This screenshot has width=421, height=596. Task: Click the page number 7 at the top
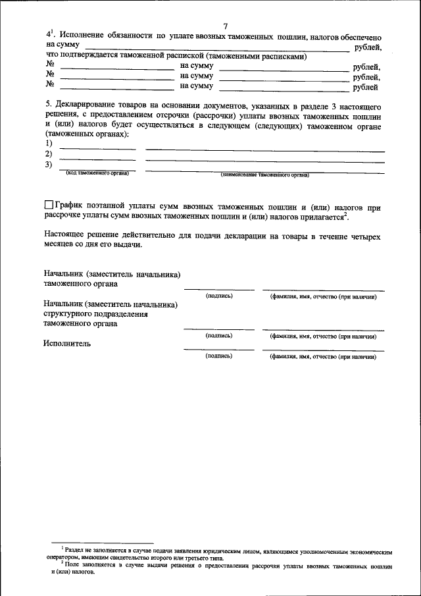[225, 25]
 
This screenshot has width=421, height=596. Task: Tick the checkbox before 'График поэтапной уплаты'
[49, 205]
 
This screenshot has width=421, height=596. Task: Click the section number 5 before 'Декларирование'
[47, 105]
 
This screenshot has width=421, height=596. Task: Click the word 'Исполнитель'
[67, 343]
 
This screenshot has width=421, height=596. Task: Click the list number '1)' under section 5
[49, 144]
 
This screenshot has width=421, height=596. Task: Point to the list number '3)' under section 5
[49, 165]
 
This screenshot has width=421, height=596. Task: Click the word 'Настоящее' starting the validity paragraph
[68, 235]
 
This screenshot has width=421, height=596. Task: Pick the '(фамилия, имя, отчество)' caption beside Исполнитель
[323, 356]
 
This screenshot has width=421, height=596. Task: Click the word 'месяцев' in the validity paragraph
[61, 244]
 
